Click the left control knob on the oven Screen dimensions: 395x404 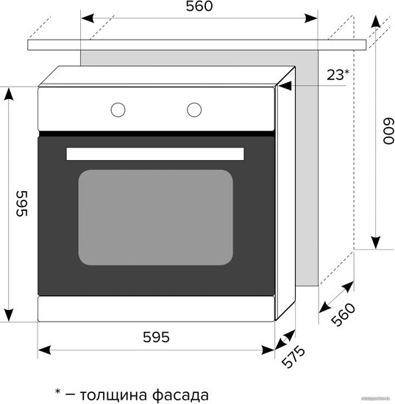pos(118,109)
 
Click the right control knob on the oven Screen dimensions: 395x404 pos(194,109)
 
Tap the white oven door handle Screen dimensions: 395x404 pos(155,154)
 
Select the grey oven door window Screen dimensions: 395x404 pos(156,217)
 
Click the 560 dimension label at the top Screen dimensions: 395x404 pos(199,6)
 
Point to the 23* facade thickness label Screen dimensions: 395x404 pos(338,75)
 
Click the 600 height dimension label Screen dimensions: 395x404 pos(388,131)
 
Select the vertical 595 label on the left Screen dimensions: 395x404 pos(21,203)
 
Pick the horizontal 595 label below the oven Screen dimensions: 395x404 pos(157,337)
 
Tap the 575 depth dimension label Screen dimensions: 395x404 pos(293,357)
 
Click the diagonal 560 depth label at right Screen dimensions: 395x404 pos(344,315)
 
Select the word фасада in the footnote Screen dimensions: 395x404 pos(180,394)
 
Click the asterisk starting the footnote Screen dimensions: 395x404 pos(58,392)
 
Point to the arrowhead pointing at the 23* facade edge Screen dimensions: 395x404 pos(285,86)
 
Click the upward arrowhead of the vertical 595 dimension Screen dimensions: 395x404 pos(9,94)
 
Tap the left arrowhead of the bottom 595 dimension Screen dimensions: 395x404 pos(44,350)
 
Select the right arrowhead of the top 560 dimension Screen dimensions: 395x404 pos(311,18)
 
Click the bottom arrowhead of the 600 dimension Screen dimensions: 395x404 pos(376,242)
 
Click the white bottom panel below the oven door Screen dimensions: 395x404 pos(156,309)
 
